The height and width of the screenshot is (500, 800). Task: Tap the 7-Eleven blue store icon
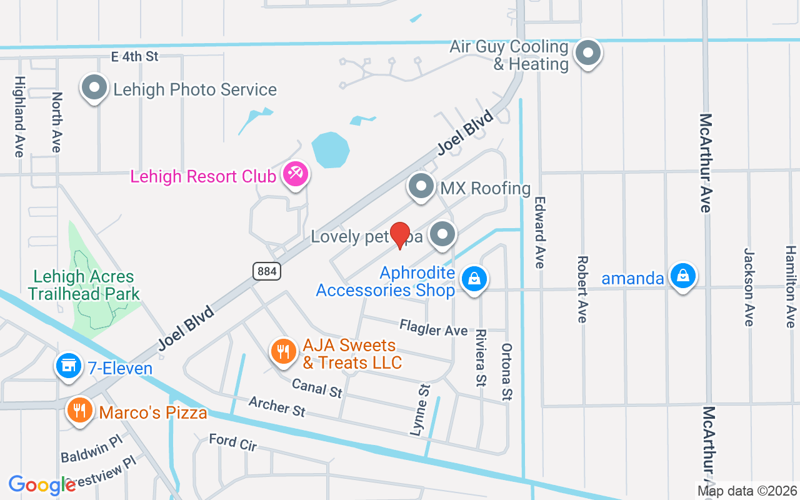pyautogui.click(x=68, y=366)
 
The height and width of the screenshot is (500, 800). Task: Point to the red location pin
pyautogui.click(x=399, y=234)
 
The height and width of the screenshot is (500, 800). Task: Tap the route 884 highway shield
pyautogui.click(x=267, y=271)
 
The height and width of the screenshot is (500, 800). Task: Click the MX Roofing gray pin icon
pyautogui.click(x=421, y=186)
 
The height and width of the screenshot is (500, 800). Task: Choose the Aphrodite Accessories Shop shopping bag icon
pyautogui.click(x=474, y=279)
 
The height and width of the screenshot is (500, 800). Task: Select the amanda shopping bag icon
pyautogui.click(x=683, y=276)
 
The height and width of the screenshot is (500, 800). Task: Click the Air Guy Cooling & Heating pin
pyautogui.click(x=587, y=53)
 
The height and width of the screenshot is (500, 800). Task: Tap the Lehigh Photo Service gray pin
pyautogui.click(x=94, y=87)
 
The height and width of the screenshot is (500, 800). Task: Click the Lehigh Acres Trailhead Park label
pyautogui.click(x=84, y=285)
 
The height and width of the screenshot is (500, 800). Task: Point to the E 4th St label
pyautogui.click(x=134, y=56)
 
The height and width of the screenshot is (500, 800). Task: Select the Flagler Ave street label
pyautogui.click(x=434, y=328)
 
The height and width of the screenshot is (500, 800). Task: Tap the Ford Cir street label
pyautogui.click(x=232, y=442)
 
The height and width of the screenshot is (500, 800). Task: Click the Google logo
pyautogui.click(x=42, y=485)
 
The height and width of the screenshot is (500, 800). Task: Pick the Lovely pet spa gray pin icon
pyautogui.click(x=443, y=234)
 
